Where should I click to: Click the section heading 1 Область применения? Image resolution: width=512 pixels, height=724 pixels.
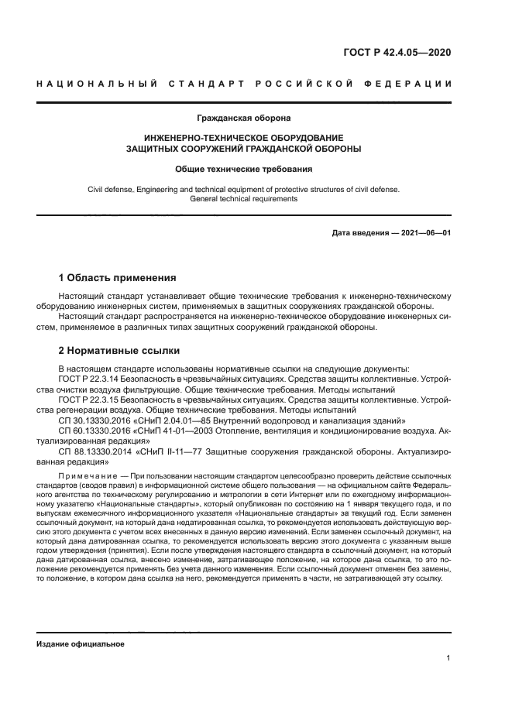[x=118, y=277]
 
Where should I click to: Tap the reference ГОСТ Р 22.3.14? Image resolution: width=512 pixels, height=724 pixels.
[x=87, y=379]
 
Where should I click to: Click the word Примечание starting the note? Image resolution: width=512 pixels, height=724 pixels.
[x=85, y=475]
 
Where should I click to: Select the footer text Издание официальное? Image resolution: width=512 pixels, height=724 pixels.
[x=81, y=644]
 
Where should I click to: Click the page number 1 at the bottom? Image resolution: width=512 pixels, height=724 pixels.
[x=448, y=658]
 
